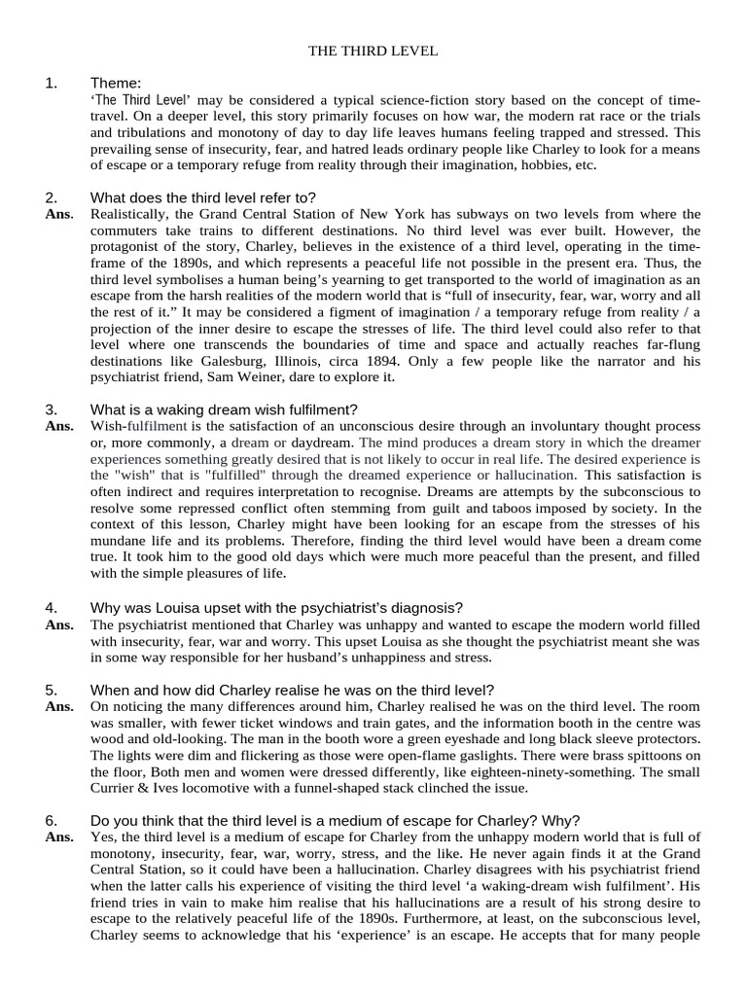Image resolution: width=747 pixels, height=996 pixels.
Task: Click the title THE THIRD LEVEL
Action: point(373,50)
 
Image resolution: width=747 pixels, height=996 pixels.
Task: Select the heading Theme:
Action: point(116,83)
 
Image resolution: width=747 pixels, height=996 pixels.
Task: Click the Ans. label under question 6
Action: point(58,836)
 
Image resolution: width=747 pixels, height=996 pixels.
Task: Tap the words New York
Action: point(395,213)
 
